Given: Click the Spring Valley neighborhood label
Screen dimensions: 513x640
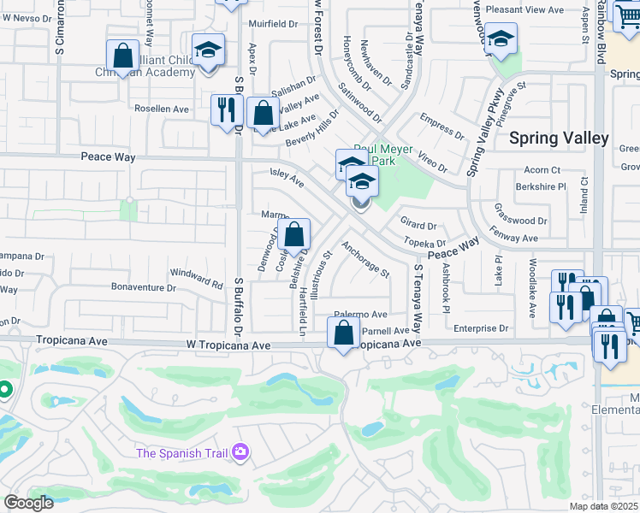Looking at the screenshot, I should (x=559, y=138).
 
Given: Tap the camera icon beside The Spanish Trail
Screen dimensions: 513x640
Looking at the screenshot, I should (x=240, y=451).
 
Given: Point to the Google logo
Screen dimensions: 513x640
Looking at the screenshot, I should (x=28, y=503).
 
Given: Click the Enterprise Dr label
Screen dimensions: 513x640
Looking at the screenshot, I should (x=481, y=327).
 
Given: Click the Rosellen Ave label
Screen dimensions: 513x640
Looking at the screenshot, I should (x=162, y=109).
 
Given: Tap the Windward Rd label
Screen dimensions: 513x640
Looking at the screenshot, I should (x=196, y=276).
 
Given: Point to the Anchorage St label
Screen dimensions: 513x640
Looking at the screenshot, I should (x=365, y=259).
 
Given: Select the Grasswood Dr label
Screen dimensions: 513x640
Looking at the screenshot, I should (x=520, y=214).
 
